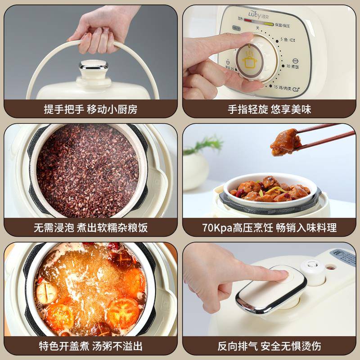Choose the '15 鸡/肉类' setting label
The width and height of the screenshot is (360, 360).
click(x=286, y=87)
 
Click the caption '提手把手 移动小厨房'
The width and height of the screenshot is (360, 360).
click(x=90, y=109)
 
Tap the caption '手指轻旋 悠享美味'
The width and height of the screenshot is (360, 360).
click(x=269, y=109)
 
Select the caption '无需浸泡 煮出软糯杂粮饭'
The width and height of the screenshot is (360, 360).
click(x=90, y=227)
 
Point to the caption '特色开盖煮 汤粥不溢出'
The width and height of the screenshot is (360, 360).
click(x=90, y=346)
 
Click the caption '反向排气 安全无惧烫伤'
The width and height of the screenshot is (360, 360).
click(x=269, y=346)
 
